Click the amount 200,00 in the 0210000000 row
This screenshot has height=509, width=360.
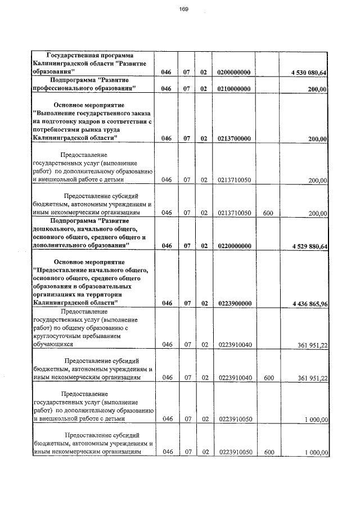(318, 89)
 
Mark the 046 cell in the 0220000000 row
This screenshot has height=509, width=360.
(166, 246)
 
